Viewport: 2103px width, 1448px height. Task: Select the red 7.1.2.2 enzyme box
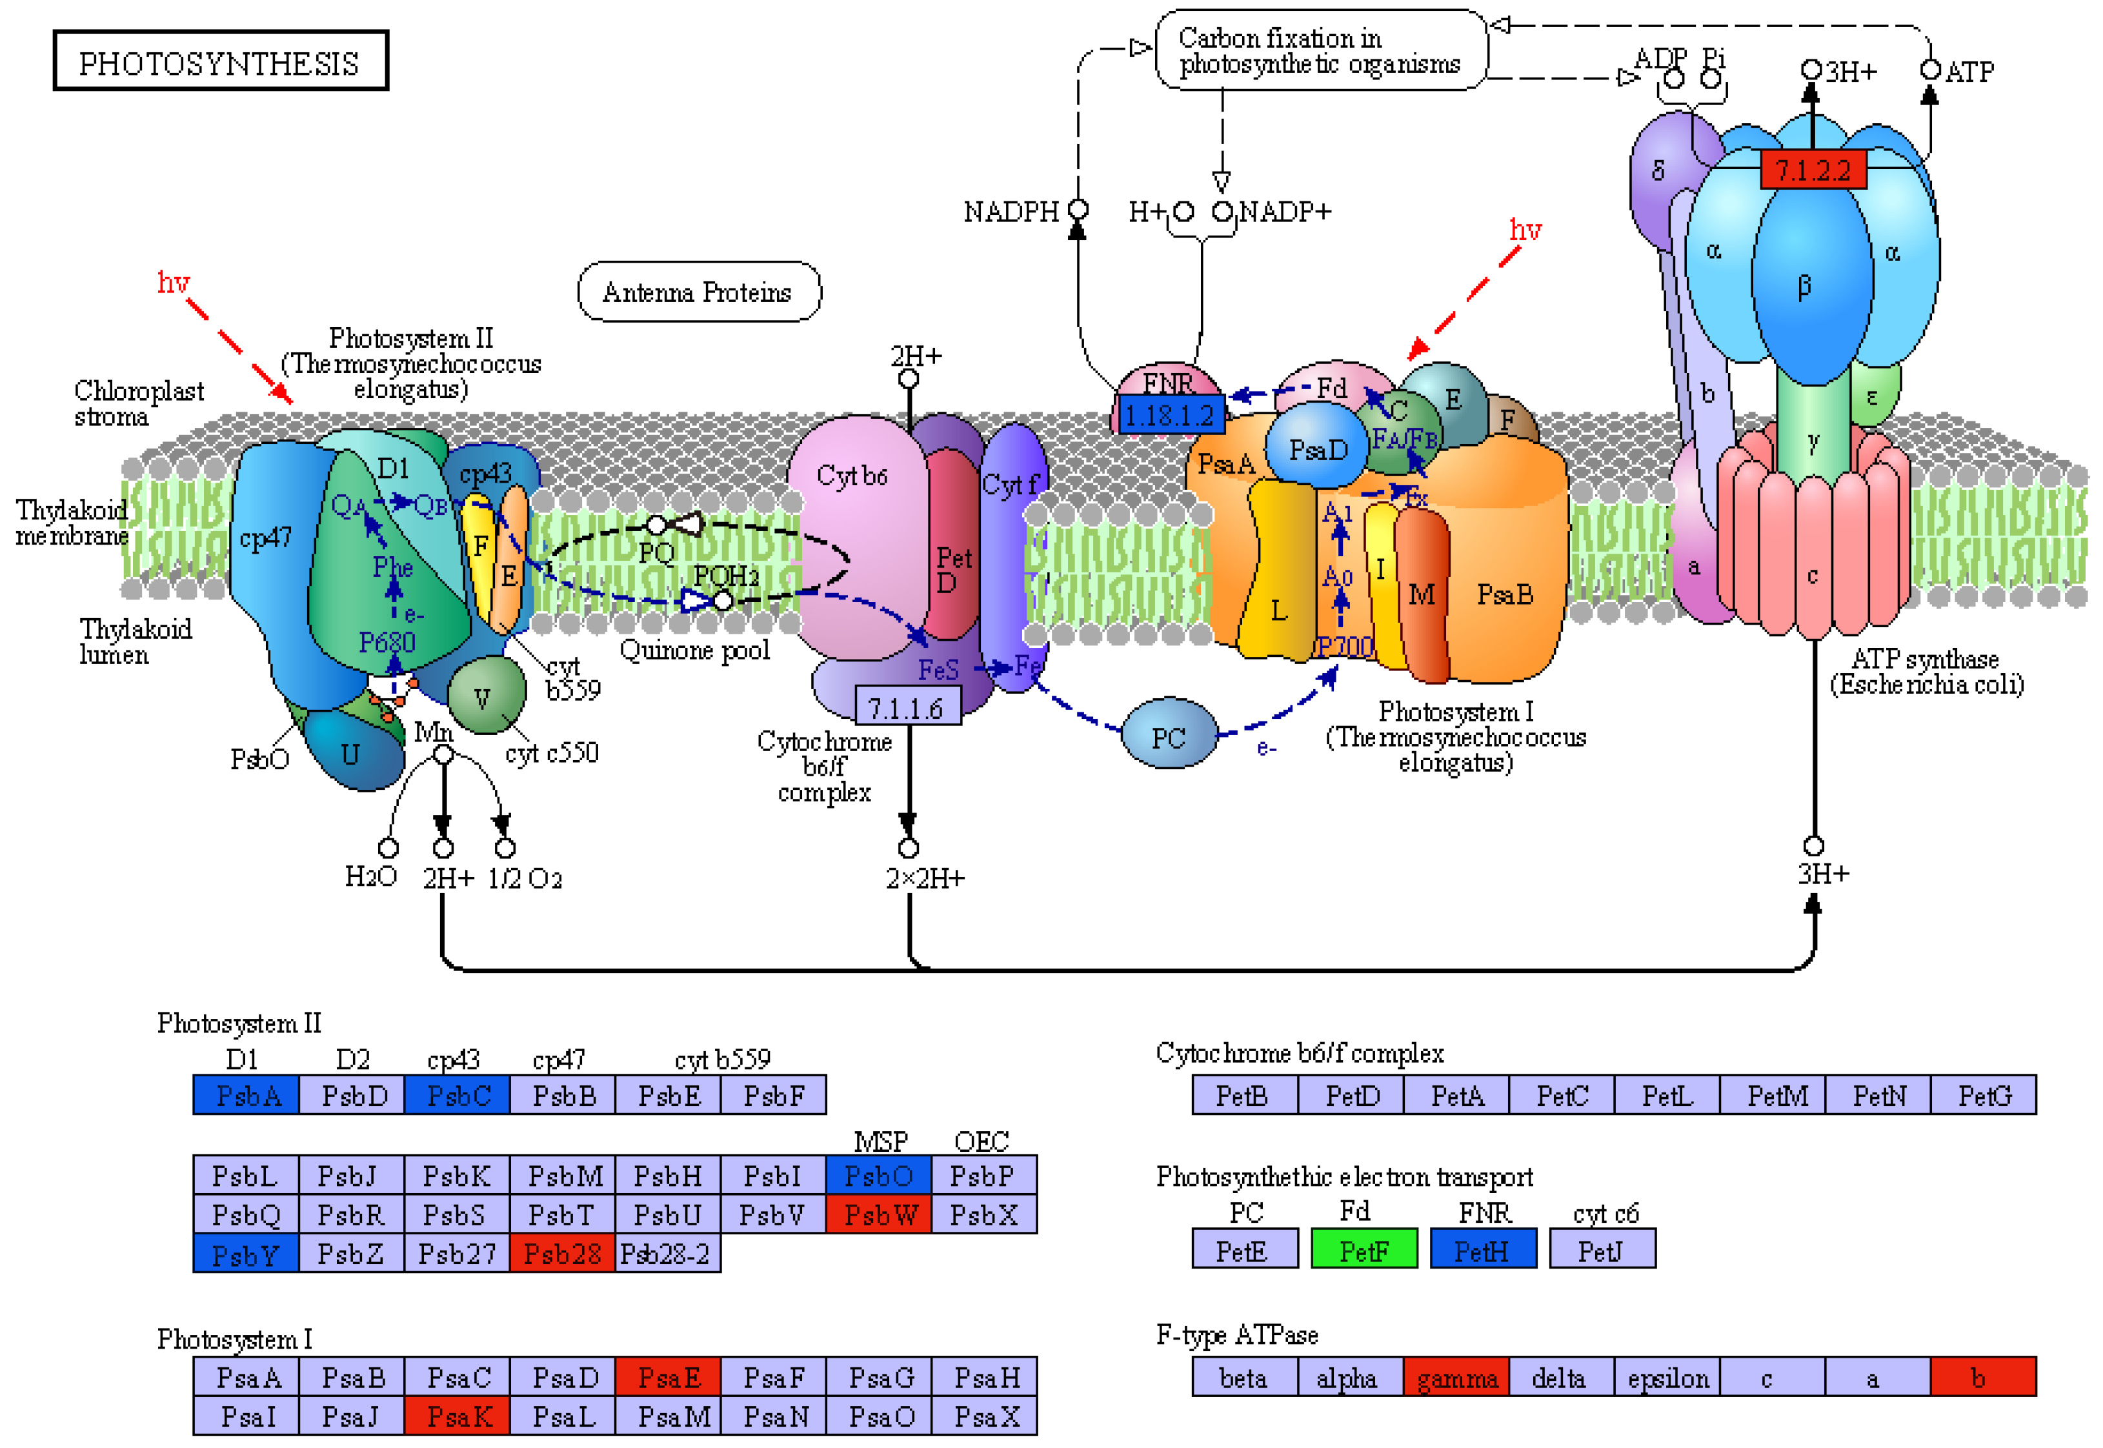click(1812, 170)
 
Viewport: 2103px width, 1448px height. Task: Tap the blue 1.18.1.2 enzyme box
click(1169, 415)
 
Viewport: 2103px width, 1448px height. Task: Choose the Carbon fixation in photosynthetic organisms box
click(1320, 51)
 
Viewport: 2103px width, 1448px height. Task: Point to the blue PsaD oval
click(1317, 449)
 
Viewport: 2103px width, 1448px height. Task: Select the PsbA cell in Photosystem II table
click(246, 1095)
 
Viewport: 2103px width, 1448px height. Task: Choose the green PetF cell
click(1363, 1250)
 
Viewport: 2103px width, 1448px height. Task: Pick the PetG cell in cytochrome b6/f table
click(1982, 1095)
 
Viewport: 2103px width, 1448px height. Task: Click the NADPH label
click(1010, 212)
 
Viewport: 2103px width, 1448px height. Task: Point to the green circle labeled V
click(485, 697)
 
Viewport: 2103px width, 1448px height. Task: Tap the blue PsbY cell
click(245, 1253)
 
